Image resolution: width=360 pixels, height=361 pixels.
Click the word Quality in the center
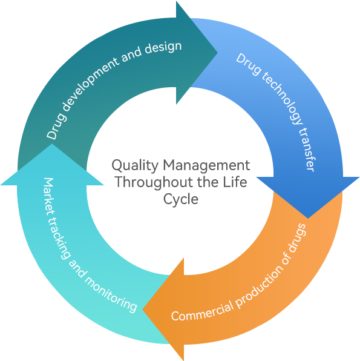(135, 165)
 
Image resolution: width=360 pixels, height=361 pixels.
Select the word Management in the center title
(206, 165)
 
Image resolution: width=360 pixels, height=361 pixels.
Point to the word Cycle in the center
(181, 199)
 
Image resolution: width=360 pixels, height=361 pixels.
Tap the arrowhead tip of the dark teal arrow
(217, 53)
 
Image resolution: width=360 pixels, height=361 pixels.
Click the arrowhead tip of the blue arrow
(308, 218)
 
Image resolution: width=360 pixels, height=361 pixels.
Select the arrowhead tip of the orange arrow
(143, 310)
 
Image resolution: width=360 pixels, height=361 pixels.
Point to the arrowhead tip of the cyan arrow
(52, 144)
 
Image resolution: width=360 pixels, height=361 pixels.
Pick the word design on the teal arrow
(163, 48)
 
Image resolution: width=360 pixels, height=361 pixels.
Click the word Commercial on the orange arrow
(202, 311)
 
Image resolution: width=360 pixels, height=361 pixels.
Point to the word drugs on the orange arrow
(297, 238)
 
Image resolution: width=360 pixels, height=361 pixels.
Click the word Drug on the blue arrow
(249, 64)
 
